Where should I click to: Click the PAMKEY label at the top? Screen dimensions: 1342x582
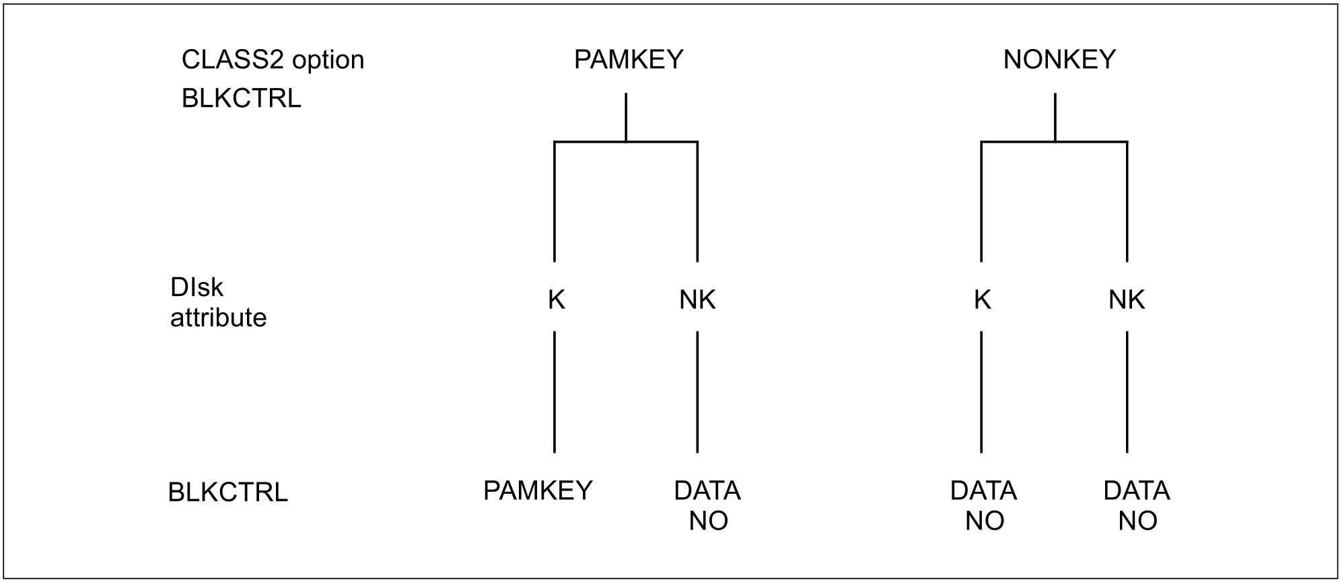coord(629,60)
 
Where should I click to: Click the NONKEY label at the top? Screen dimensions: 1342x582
coord(1059,60)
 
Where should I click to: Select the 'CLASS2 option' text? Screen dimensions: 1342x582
coord(273,60)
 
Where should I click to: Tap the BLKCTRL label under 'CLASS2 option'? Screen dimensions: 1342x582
coord(241,99)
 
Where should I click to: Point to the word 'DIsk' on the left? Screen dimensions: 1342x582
coord(197,288)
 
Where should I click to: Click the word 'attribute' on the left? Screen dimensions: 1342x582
coord(218,318)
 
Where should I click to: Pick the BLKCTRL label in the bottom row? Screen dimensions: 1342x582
coord(227,493)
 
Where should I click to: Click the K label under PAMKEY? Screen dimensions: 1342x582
coord(556,300)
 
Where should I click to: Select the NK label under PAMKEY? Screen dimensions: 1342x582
coord(697,300)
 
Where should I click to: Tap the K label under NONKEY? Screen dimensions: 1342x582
coord(982,300)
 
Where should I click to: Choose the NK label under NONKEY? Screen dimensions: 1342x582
coord(1127,300)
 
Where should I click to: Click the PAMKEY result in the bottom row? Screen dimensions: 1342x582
coord(538,491)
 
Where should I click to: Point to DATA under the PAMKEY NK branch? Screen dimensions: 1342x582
coord(707,491)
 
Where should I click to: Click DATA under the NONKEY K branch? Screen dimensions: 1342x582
coord(983,491)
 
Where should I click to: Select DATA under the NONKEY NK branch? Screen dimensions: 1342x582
coord(1137,491)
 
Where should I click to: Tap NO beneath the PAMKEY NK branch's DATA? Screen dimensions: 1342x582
coord(708,521)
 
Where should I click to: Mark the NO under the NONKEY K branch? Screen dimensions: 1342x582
coord(985,521)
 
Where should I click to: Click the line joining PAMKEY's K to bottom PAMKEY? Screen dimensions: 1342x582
coord(555,392)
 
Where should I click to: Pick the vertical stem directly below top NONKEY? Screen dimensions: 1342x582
coord(1055,118)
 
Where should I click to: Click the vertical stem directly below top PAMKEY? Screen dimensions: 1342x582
coord(626,118)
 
